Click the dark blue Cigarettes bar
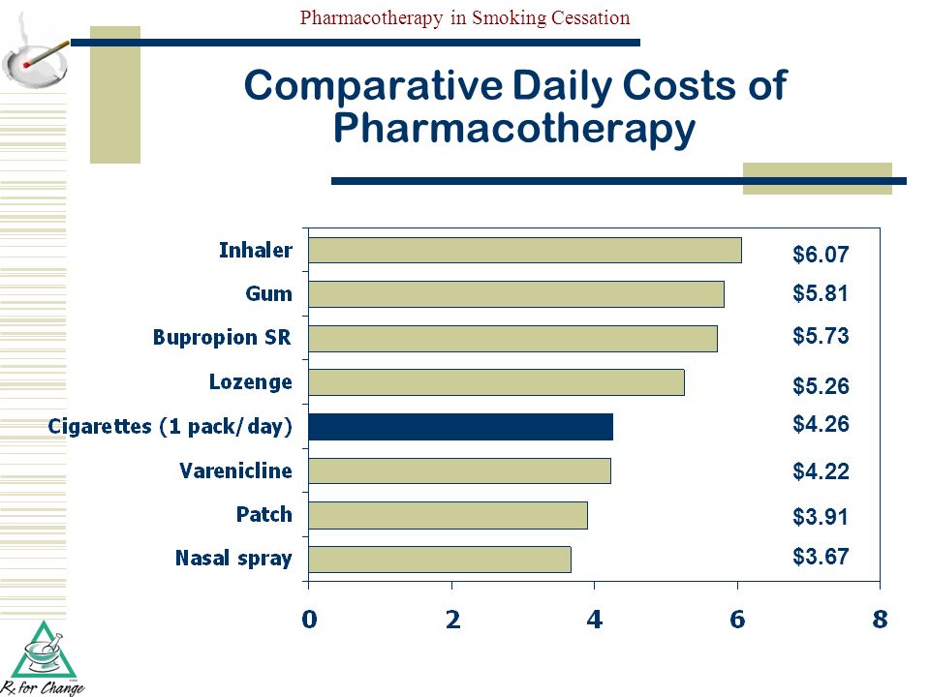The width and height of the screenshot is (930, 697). [x=460, y=427]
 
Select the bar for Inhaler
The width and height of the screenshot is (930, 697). [x=525, y=250]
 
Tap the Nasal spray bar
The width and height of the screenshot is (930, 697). [x=440, y=560]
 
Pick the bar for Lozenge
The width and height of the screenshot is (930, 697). [x=496, y=382]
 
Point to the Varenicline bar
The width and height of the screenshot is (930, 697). [x=459, y=470]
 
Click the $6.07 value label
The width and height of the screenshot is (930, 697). [x=821, y=255]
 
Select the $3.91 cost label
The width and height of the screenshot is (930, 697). [x=821, y=516]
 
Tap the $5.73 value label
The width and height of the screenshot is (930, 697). [x=821, y=336]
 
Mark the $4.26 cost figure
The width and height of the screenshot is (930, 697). [x=821, y=424]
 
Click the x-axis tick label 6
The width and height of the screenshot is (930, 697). [x=737, y=620]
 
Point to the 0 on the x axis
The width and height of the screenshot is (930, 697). [x=309, y=620]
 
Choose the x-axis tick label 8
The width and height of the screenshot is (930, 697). [x=881, y=620]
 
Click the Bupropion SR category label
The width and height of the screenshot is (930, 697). [x=222, y=338]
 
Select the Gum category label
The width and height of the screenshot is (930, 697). [x=268, y=293]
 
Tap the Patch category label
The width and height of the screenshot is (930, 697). [x=263, y=514]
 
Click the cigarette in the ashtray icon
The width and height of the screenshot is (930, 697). [x=46, y=53]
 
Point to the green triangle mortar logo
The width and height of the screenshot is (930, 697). [x=43, y=651]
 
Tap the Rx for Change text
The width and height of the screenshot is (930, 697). [x=43, y=688]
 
